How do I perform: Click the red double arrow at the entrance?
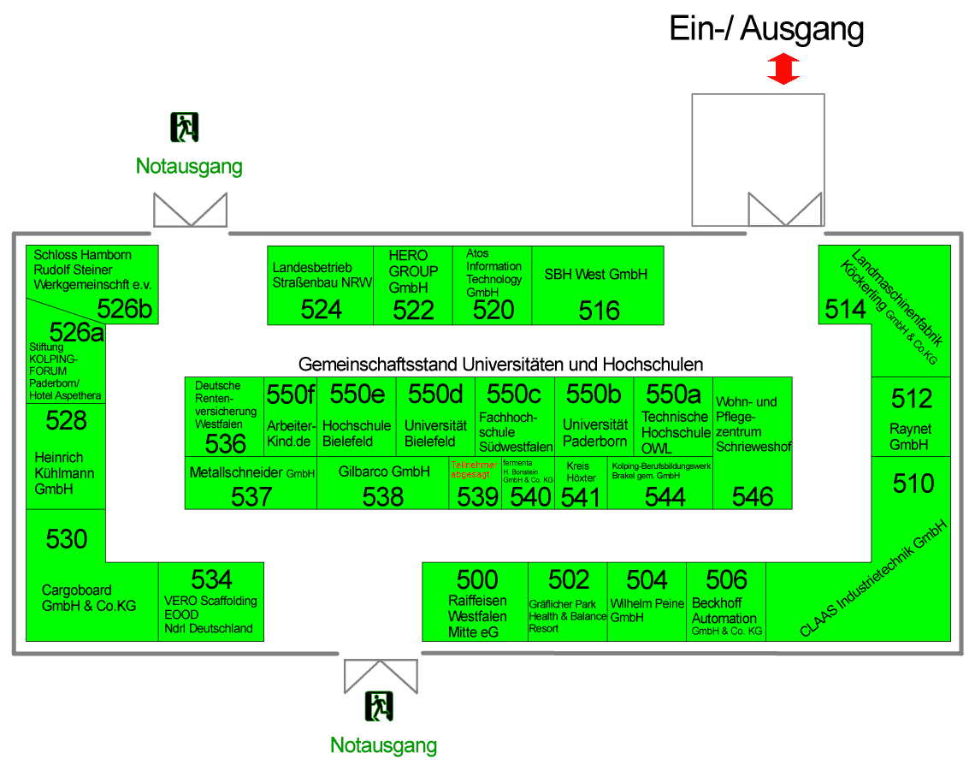click(783, 68)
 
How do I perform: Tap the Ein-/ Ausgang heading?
click(765, 29)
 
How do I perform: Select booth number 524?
click(321, 310)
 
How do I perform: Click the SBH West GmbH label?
click(596, 275)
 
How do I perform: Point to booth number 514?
click(845, 309)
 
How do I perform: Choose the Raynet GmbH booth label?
click(910, 436)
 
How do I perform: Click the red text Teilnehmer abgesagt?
click(474, 468)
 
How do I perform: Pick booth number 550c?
click(514, 394)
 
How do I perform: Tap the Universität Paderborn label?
click(594, 433)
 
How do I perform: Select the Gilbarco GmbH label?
click(383, 471)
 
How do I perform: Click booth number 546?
click(753, 496)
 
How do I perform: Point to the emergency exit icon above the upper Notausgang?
click(185, 127)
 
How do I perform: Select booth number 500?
click(476, 579)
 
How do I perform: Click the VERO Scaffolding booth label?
click(210, 614)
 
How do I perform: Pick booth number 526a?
click(76, 331)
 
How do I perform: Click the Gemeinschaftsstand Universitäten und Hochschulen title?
click(500, 365)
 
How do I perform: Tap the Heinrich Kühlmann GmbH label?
click(64, 472)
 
